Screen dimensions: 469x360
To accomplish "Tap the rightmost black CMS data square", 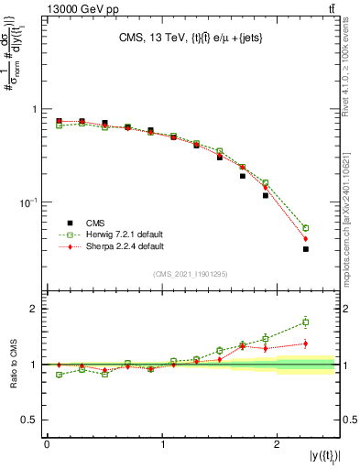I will (306, 249).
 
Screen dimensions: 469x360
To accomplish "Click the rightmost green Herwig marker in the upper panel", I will (306, 228).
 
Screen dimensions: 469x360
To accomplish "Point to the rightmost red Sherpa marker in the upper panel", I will (306, 239).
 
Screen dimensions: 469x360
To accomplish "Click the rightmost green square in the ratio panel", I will (306, 322).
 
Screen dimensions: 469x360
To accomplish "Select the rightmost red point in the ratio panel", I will (306, 344).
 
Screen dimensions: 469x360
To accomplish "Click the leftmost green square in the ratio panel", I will (60, 375).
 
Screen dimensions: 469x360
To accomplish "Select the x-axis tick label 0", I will (47, 444).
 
